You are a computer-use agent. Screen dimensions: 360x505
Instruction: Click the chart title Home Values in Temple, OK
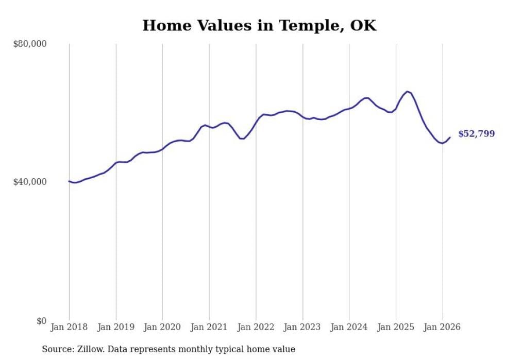pyautogui.click(x=259, y=26)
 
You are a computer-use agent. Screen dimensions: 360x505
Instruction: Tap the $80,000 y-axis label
pyautogui.click(x=29, y=44)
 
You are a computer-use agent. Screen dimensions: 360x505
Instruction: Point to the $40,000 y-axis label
pyautogui.click(x=29, y=182)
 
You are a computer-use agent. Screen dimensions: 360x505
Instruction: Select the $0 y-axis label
pyautogui.click(x=41, y=321)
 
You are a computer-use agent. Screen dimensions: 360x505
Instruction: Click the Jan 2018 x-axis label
pyautogui.click(x=69, y=327)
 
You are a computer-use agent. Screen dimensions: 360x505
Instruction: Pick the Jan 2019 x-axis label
pyautogui.click(x=116, y=327)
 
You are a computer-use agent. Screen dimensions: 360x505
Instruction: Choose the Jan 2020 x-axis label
pyautogui.click(x=162, y=327)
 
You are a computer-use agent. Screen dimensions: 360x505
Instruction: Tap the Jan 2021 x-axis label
pyautogui.click(x=209, y=327)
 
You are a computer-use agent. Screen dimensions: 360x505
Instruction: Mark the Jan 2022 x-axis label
pyautogui.click(x=256, y=327)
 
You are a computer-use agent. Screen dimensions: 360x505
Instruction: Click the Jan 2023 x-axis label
pyautogui.click(x=302, y=327)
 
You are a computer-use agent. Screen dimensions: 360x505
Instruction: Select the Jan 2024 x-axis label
pyautogui.click(x=349, y=327)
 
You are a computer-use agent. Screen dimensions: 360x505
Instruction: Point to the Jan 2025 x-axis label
pyautogui.click(x=396, y=327)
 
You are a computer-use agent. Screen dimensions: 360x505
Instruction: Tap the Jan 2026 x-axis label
pyautogui.click(x=442, y=327)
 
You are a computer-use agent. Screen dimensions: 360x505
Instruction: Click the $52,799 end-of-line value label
pyautogui.click(x=476, y=134)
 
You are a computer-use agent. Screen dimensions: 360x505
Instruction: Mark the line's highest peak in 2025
pyautogui.click(x=407, y=92)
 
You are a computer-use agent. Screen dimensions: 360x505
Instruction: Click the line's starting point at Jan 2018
pyautogui.click(x=69, y=181)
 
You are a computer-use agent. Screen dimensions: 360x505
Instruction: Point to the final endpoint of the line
pyautogui.click(x=450, y=137)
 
